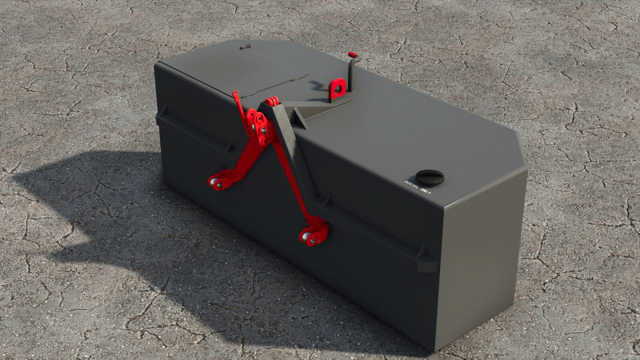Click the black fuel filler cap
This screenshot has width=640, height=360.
pyautogui.click(x=429, y=177)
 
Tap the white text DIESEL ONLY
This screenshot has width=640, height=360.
pyautogui.click(x=417, y=187)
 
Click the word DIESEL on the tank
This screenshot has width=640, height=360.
pyautogui.click(x=412, y=184)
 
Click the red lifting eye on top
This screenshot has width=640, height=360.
pyautogui.click(x=337, y=89)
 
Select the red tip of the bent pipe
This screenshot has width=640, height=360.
pyautogui.click(x=353, y=54)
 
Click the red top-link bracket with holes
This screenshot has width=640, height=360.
pyautogui.click(x=260, y=128)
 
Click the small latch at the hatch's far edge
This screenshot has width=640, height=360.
pyautogui.click(x=244, y=47)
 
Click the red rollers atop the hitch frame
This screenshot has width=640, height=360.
pyautogui.click(x=271, y=101)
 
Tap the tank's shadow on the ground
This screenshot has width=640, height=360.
pyautogui.click(x=100, y=215)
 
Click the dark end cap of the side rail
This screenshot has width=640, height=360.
pyautogui.click(x=427, y=264)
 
